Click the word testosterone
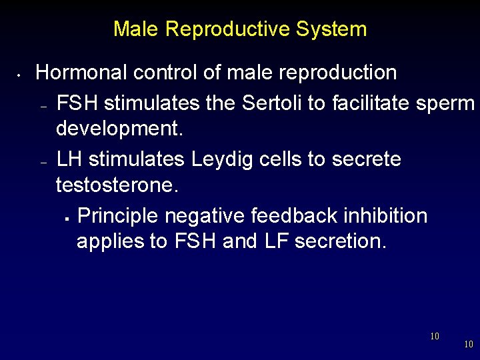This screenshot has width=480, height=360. click(117, 185)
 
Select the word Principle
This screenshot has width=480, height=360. click(118, 216)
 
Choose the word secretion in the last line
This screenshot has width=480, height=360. click(340, 241)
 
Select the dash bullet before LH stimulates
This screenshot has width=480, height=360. click(43, 162)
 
